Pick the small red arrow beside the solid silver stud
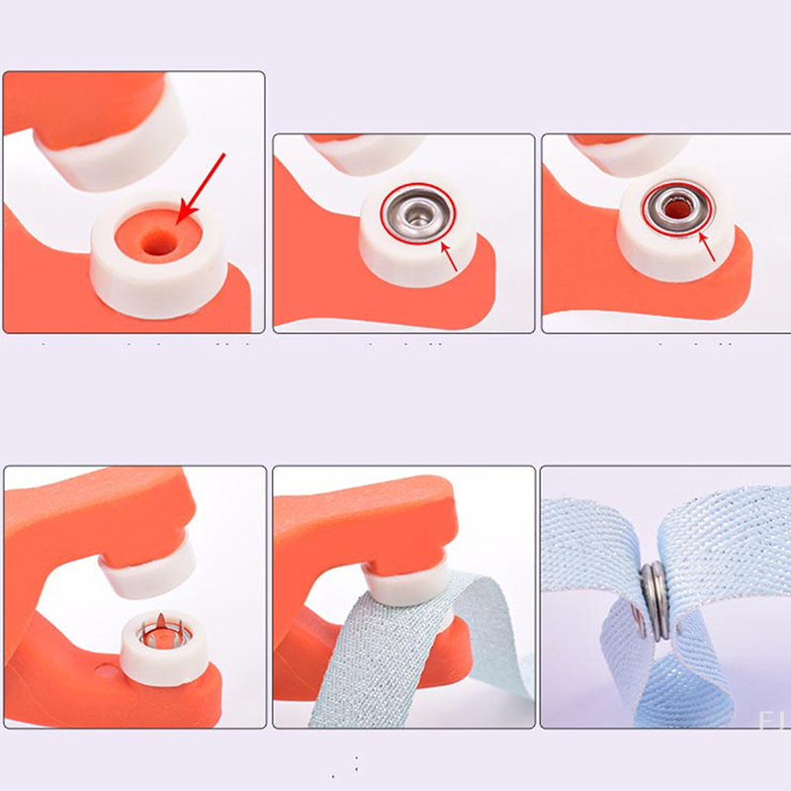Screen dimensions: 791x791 (x=451, y=258)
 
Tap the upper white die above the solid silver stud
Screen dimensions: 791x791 (x=356, y=149)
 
